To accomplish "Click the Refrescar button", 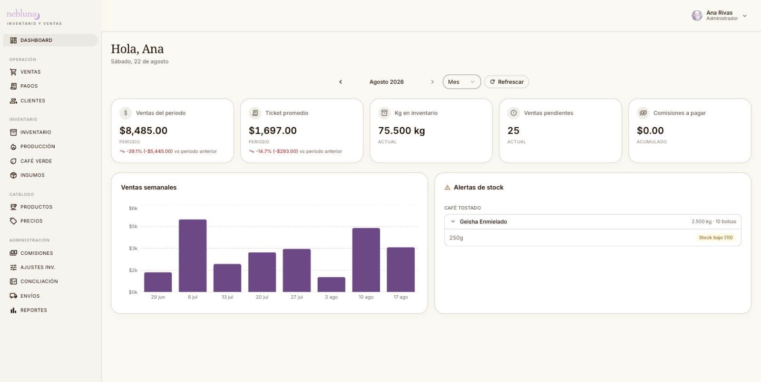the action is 506,82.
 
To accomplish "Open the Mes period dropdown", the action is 461,82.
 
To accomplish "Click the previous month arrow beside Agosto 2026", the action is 341,82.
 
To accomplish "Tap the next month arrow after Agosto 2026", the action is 432,82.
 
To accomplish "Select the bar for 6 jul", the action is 193,255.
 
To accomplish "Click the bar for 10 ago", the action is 366,260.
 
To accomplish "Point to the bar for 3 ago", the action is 331,284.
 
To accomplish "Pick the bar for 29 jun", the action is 158,282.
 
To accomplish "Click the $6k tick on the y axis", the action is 133,208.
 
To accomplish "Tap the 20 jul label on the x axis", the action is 262,297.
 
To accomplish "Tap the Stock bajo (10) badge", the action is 715,237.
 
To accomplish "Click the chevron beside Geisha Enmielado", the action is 452,221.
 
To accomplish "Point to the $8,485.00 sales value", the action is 143,131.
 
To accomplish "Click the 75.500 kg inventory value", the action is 401,131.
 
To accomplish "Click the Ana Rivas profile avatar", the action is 697,15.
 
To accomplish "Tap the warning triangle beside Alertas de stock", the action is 448,188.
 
